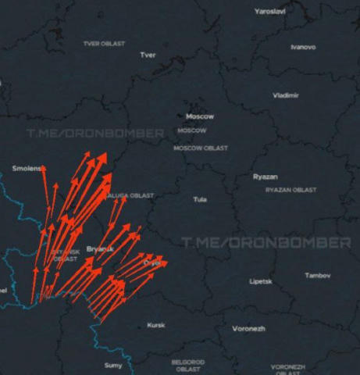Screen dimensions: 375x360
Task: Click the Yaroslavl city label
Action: pos(270,12)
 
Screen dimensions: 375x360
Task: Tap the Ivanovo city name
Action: pos(303,47)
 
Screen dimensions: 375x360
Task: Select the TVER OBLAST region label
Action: pos(104,44)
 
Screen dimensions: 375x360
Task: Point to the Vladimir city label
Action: pos(285,95)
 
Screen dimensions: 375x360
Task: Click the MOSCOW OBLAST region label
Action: pos(200,147)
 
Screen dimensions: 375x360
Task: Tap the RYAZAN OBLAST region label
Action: pos(291,190)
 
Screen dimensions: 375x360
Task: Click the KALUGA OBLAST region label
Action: pos(131,195)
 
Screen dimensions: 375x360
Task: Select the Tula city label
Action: pos(200,200)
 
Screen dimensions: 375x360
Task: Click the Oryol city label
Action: pos(152,264)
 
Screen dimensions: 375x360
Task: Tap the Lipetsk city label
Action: pos(260,281)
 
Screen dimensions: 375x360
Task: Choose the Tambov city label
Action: pos(318,276)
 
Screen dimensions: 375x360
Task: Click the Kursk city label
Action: pos(156,325)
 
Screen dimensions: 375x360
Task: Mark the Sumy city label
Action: pos(113,365)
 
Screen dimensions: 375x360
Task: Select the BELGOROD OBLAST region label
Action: pos(188,365)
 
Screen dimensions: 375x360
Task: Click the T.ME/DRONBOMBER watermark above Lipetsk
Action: pos(266,243)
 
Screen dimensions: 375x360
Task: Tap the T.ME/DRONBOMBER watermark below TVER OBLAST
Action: pos(94,134)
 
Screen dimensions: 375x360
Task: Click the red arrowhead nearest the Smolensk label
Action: pos(44,169)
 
